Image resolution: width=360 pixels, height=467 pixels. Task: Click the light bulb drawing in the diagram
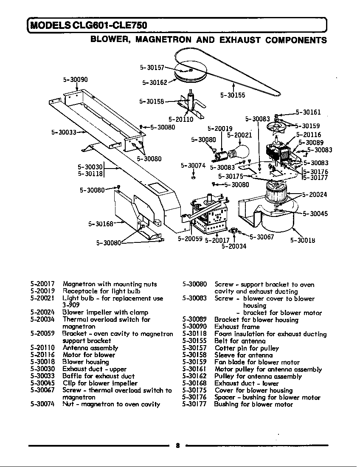point(238,151)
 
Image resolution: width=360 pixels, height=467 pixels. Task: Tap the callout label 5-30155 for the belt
point(233,96)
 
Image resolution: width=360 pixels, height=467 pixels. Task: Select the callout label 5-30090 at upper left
point(75,79)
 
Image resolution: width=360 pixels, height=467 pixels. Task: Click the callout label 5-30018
point(302,241)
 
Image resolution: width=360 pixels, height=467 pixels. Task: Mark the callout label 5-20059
point(190,239)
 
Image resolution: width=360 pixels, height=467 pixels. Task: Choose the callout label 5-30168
point(101,224)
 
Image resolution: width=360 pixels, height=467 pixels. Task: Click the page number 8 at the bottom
point(177,445)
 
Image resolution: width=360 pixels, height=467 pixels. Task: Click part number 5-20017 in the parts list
point(42,284)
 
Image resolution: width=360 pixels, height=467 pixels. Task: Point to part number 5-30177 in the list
point(194,404)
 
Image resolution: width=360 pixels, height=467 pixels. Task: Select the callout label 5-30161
point(308,113)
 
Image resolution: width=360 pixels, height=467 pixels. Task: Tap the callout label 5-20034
point(233,246)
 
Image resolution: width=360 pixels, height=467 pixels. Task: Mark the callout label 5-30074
point(193,166)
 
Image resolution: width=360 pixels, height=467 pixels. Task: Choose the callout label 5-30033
point(63,132)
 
